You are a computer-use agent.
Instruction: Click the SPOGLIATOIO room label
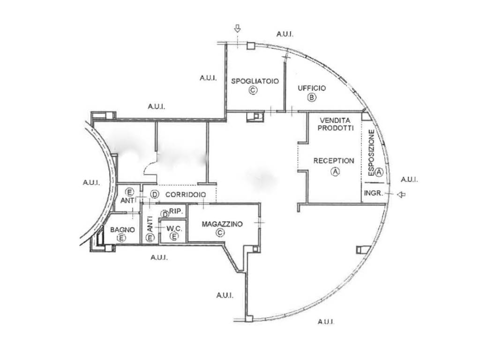[255, 81]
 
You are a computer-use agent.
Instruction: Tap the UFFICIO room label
[312, 88]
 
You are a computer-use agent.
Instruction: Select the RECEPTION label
[334, 161]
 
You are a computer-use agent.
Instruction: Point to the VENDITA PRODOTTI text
[335, 124]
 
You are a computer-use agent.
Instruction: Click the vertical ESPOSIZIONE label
[371, 153]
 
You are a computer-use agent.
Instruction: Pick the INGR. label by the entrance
[373, 193]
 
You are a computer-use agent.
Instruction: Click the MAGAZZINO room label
[222, 224]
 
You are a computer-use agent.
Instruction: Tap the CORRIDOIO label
[186, 195]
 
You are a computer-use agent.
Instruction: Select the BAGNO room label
[122, 230]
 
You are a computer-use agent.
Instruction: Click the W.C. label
[174, 228]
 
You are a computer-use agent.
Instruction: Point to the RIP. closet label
[176, 211]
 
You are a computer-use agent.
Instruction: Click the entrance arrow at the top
[237, 29]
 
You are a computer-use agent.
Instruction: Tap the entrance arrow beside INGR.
[401, 195]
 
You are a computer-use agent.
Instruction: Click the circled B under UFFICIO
[312, 97]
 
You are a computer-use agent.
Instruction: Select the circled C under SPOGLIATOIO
[253, 90]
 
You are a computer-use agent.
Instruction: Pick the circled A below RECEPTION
[336, 172]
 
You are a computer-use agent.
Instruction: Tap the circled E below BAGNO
[121, 238]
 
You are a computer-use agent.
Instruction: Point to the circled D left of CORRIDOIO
[155, 195]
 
